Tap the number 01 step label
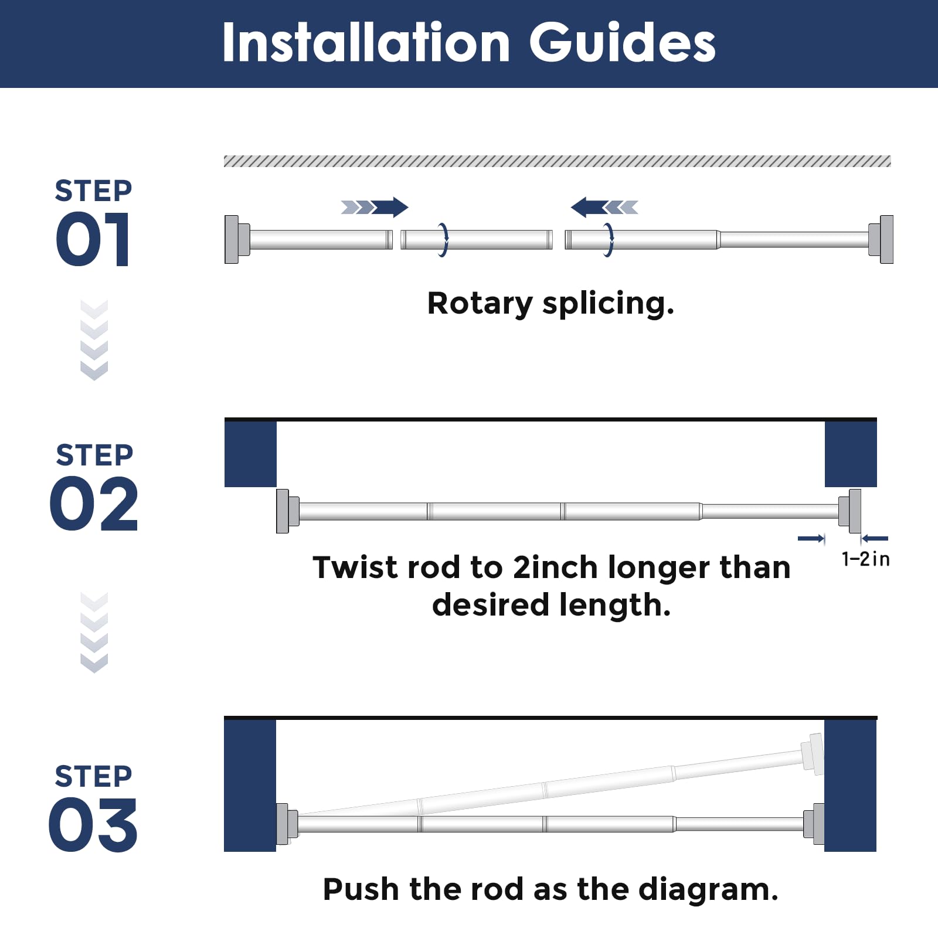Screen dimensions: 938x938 pyautogui.click(x=93, y=239)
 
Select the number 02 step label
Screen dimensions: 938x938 pyautogui.click(x=94, y=504)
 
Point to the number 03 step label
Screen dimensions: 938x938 pyautogui.click(x=93, y=825)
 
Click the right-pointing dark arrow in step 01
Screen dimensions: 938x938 pyautogui.click(x=389, y=207)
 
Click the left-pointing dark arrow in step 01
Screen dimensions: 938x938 pyautogui.click(x=590, y=207)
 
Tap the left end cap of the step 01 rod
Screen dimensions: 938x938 pyautogui.click(x=237, y=239)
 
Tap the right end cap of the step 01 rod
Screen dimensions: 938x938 pyautogui.click(x=881, y=239)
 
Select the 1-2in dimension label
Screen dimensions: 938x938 pyautogui.click(x=865, y=559)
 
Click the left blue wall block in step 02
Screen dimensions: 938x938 pyautogui.click(x=250, y=454)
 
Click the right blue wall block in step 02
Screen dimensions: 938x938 pyautogui.click(x=851, y=454)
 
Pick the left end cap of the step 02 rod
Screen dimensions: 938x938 pyautogui.click(x=287, y=511)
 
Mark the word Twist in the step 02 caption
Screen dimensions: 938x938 pyautogui.click(x=349, y=567)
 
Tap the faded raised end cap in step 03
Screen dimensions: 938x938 pyautogui.click(x=812, y=753)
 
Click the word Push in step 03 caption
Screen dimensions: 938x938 pyautogui.click(x=361, y=889)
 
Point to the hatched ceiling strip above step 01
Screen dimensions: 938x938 pyautogui.click(x=558, y=161)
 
